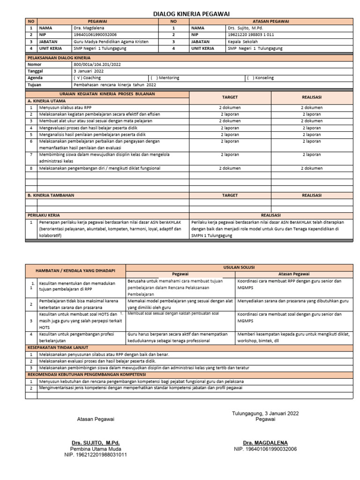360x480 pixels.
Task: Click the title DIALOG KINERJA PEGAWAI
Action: [185, 14]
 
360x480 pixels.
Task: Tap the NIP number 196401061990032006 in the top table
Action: [95, 35]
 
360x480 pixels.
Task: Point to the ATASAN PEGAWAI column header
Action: [271, 21]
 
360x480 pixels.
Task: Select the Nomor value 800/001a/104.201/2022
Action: [97, 64]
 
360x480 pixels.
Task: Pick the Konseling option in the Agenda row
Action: [260, 78]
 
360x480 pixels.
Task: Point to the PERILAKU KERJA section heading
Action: [43, 215]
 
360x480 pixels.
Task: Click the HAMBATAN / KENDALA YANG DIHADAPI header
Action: [75, 270]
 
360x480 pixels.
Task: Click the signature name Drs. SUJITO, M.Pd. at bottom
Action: [95, 442]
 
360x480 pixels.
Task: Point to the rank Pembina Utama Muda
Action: [95, 449]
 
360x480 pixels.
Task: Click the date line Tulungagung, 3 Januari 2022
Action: [265, 413]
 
